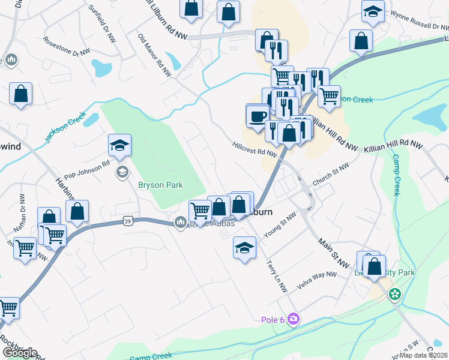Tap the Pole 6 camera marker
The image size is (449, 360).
(x=293, y=317)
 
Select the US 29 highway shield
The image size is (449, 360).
(x=128, y=221)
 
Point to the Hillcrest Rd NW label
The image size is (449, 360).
(x=255, y=149)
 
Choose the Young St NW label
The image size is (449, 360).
(x=281, y=224)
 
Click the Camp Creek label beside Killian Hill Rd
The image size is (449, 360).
(x=396, y=175)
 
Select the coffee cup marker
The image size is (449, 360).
(x=258, y=116)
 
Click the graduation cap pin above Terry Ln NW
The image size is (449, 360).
(x=245, y=247)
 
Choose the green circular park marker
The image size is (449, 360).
(x=394, y=294)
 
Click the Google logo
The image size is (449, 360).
(x=20, y=353)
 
